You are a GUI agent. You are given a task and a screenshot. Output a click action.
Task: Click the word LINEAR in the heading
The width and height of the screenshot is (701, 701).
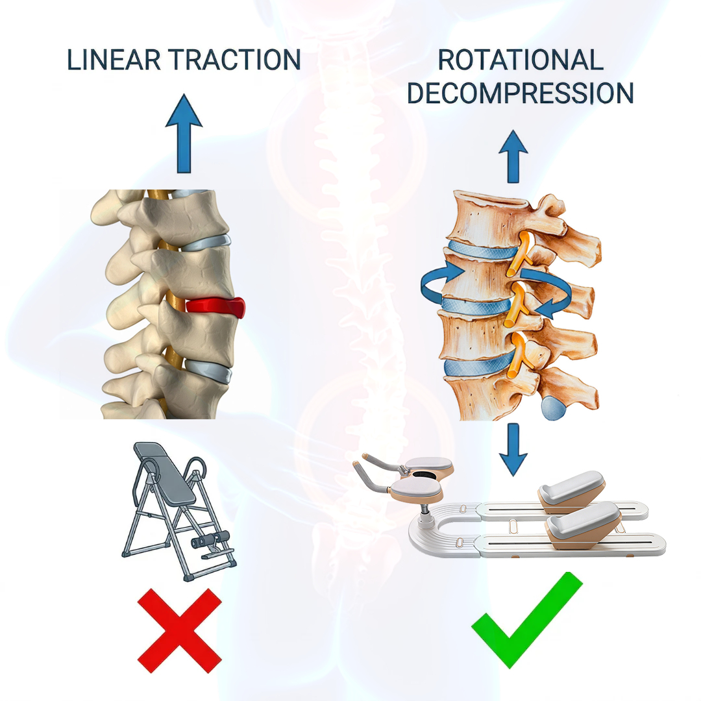coord(112,60)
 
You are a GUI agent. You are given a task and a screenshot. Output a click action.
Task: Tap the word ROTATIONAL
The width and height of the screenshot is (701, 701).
coord(521,60)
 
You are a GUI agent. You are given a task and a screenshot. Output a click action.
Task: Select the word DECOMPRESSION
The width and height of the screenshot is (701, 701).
coord(521,93)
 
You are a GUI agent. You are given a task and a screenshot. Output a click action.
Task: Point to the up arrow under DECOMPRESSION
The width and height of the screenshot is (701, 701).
coord(513,156)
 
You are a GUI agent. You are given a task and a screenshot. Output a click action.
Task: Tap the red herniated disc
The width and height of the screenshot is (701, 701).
coord(217,306)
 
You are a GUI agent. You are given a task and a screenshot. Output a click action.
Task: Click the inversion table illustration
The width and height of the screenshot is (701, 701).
coord(178,510)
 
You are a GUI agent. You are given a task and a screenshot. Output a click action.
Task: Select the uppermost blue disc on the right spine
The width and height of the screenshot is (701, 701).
coord(477,252)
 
